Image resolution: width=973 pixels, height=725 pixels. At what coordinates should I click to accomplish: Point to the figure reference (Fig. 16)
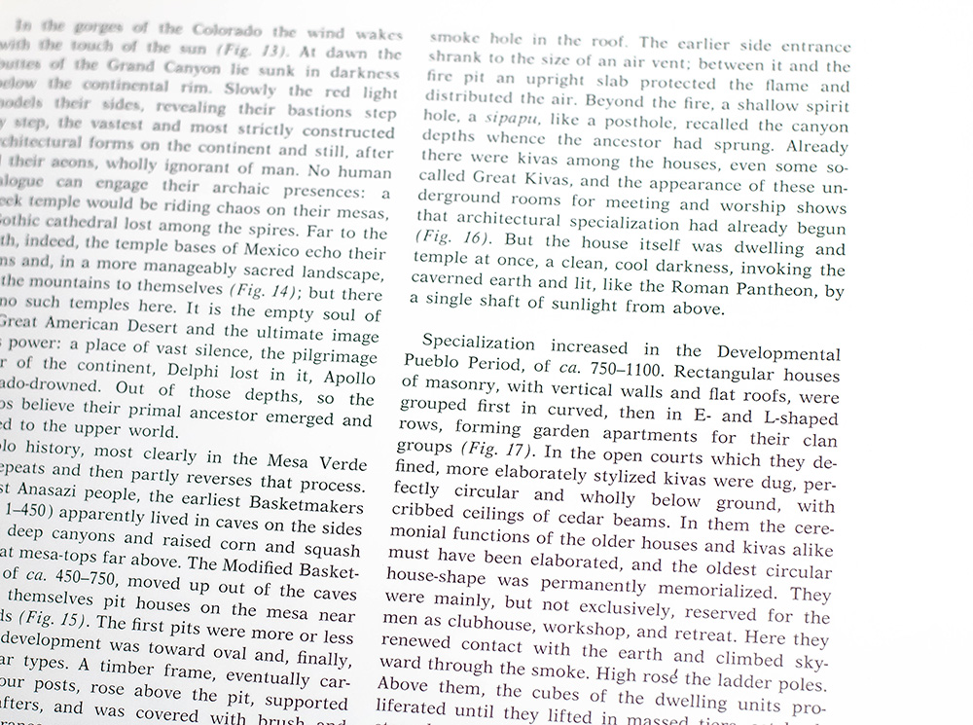tap(446, 236)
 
